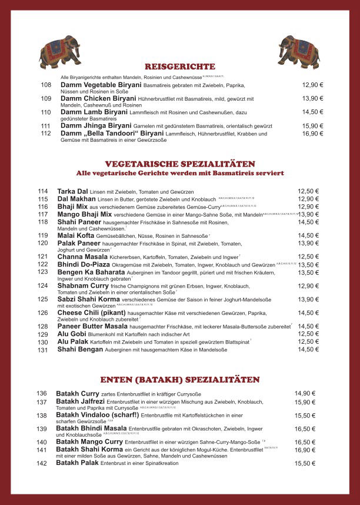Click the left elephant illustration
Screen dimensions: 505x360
tap(59, 51)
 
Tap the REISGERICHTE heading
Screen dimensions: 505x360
tap(180, 67)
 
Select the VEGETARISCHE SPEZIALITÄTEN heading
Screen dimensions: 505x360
tap(180, 164)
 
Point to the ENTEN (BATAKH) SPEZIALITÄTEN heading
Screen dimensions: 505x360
tap(180, 379)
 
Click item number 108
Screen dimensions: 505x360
tap(46, 85)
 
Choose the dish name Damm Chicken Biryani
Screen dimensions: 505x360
tap(94, 98)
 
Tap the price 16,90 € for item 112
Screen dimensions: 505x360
tap(312, 134)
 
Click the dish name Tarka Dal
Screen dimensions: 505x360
tap(72, 191)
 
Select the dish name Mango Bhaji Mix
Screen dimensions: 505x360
tap(84, 214)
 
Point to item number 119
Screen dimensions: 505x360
tap(42, 235)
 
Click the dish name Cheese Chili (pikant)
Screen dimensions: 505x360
tap(91, 313)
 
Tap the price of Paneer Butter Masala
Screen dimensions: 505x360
tap(308, 326)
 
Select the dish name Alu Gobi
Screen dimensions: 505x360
tap(71, 334)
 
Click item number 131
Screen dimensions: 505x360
tap(42, 350)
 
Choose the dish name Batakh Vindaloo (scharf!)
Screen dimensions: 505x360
tap(98, 415)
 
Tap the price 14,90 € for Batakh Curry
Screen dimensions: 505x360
tap(305, 394)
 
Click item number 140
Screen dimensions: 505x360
tap(41, 442)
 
